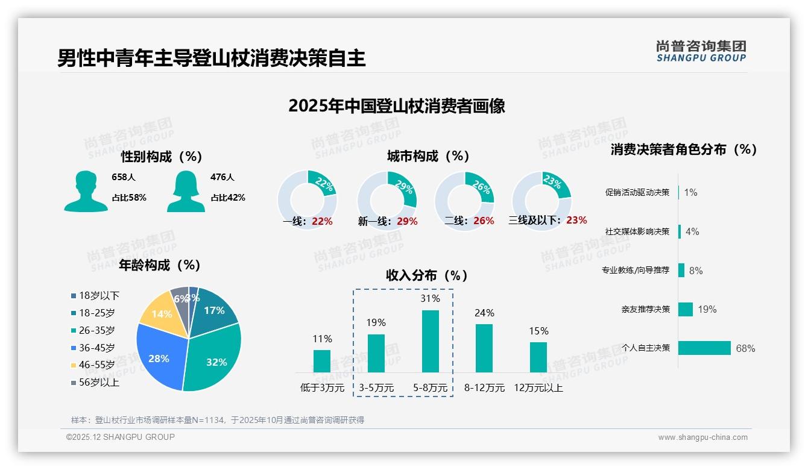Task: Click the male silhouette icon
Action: [x=86, y=192]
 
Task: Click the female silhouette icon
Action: [x=186, y=192]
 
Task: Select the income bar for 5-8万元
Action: [x=430, y=341]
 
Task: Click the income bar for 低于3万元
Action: [x=322, y=361]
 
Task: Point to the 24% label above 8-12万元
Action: [x=484, y=313]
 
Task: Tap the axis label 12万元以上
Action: [x=538, y=388]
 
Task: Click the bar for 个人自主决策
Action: [x=704, y=348]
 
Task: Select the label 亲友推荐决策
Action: [x=646, y=309]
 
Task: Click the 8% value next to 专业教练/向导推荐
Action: [x=696, y=271]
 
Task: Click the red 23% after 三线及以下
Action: [x=576, y=221]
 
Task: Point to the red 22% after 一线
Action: [x=322, y=221]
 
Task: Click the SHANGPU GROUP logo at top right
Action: [x=701, y=51]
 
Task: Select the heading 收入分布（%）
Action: [x=427, y=275]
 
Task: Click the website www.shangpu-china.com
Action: [x=702, y=437]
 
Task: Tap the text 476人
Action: [x=222, y=177]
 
